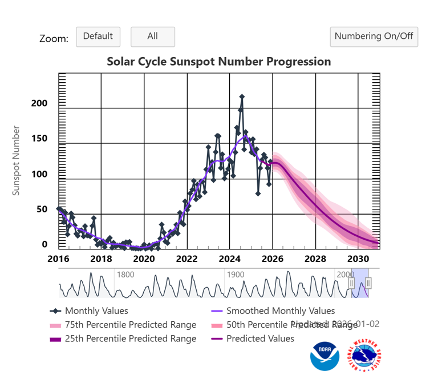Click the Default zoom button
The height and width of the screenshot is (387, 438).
tap(98, 37)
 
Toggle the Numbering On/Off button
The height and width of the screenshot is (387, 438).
tap(374, 37)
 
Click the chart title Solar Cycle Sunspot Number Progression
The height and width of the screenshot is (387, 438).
tap(219, 62)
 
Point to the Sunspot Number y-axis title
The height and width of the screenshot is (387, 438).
tap(16, 160)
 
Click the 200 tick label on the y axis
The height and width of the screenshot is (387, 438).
tap(40, 103)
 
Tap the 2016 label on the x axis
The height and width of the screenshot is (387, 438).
tap(58, 258)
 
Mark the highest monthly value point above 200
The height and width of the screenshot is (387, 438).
tap(242, 97)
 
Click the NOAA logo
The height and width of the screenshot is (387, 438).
tap(325, 357)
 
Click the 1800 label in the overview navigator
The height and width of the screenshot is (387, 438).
tap(125, 275)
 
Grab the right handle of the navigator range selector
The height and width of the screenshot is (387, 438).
tap(368, 283)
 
